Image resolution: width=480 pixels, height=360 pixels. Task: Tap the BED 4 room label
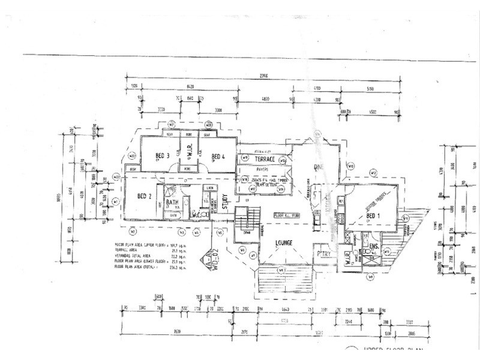[x=216, y=157]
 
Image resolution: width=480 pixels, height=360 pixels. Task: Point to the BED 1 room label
[x=373, y=215]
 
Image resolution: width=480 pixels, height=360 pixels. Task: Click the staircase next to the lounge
[x=244, y=218]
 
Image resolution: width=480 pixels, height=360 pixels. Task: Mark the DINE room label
[x=318, y=167]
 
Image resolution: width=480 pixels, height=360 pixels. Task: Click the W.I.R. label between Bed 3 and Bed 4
[x=190, y=155]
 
